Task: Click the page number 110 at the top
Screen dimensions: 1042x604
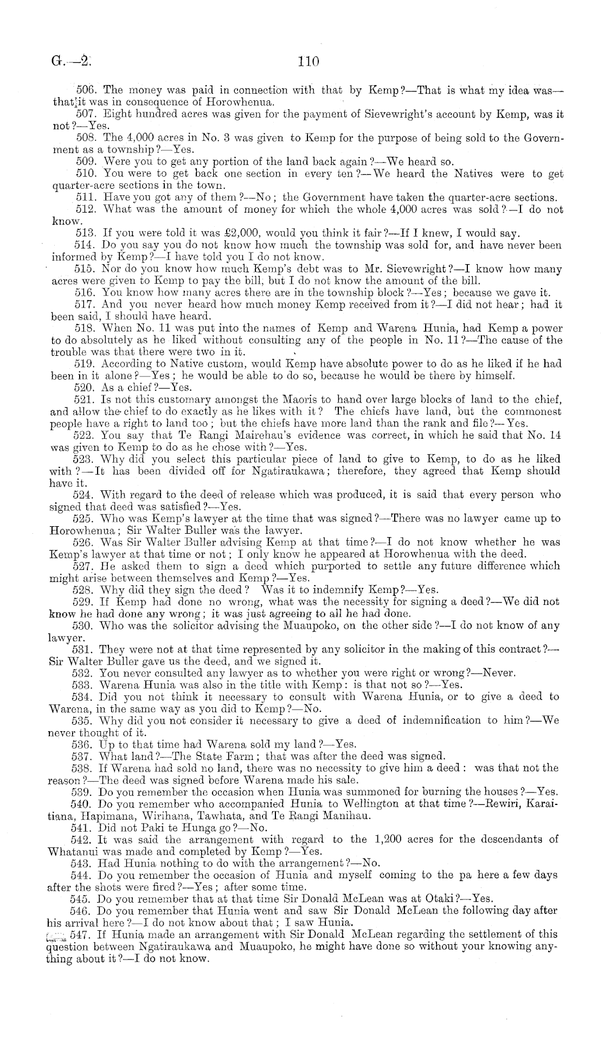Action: click(308, 61)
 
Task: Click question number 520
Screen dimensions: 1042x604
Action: click(82, 387)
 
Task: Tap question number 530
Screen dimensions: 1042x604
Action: click(82, 625)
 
